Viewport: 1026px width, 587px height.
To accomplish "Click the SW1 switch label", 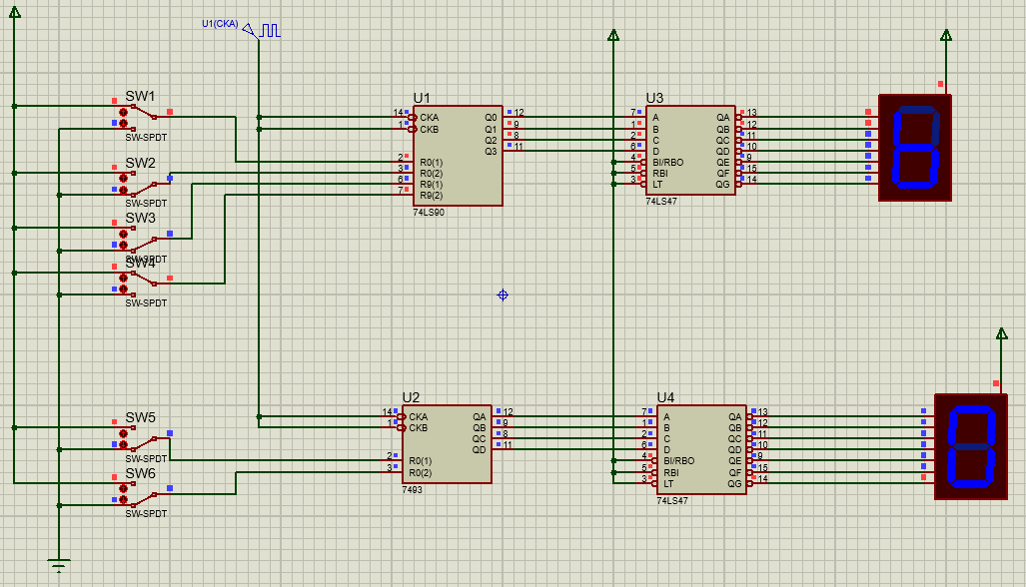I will tap(140, 97).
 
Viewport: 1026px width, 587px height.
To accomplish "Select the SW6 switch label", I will tap(140, 473).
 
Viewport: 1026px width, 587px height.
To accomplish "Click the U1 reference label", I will tap(422, 98).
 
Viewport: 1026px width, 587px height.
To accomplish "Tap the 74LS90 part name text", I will tap(429, 213).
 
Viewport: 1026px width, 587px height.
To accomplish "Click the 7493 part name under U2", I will tap(412, 490).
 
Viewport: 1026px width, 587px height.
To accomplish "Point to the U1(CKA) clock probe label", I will tap(220, 24).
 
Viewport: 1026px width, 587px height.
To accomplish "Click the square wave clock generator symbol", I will tap(271, 31).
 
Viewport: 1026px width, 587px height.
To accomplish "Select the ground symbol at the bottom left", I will tap(59, 565).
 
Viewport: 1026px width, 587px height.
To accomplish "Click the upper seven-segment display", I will tap(915, 148).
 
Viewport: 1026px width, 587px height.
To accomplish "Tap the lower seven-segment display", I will tap(971, 446).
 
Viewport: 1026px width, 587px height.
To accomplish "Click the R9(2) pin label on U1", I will tap(431, 195).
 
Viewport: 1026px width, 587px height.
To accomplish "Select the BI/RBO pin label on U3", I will tap(667, 161).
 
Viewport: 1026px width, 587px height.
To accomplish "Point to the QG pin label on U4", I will tap(735, 483).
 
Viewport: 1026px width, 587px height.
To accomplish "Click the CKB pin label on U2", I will tap(418, 428).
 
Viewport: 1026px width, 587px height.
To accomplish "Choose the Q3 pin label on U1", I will tap(491, 151).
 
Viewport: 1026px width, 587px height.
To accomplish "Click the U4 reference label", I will tap(666, 397).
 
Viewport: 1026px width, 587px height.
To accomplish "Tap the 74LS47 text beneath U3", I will tap(662, 201).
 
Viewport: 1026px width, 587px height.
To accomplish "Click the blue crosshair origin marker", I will tap(503, 294).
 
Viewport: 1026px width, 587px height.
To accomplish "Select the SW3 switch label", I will tap(140, 218).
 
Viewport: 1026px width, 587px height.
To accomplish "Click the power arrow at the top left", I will tap(14, 22).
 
